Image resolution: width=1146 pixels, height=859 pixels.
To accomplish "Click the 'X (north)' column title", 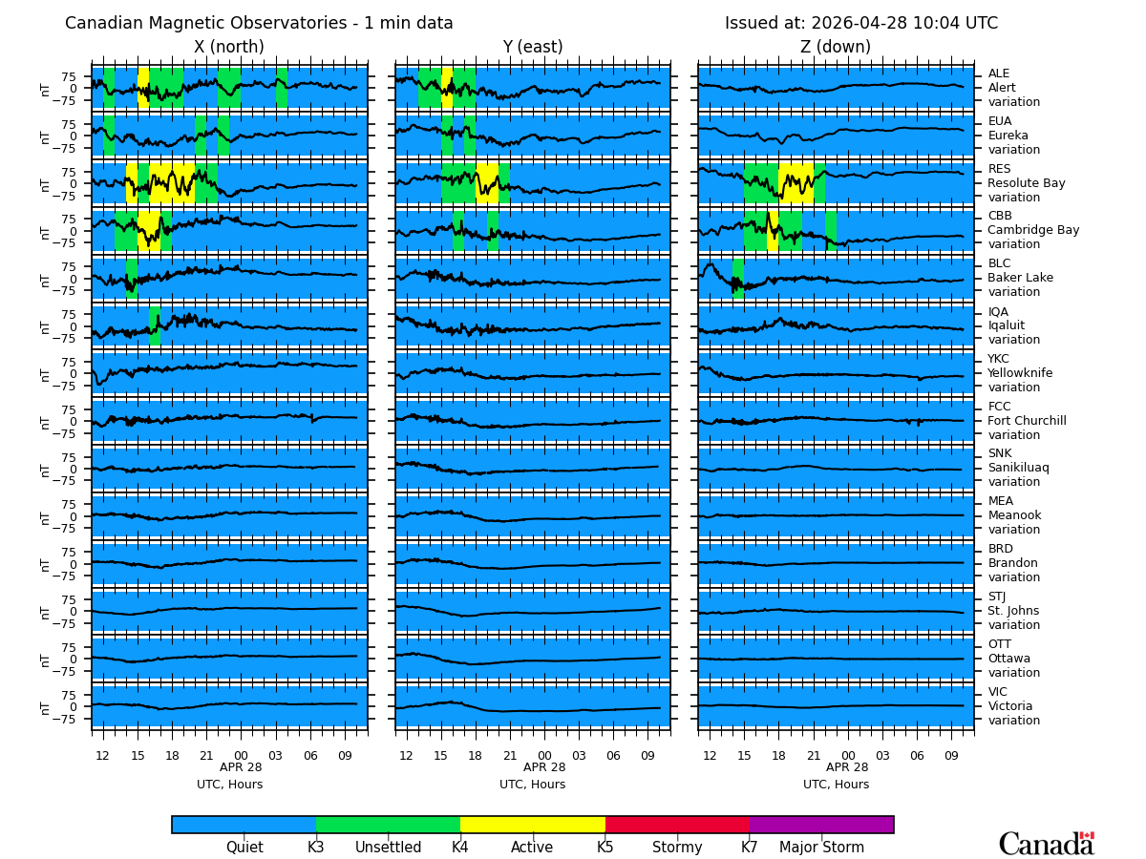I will [229, 48].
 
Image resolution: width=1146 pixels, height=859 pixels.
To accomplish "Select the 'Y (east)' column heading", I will [533, 48].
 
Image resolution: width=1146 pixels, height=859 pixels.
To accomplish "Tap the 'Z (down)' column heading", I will [836, 48].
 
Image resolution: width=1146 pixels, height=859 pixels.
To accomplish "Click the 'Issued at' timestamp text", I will [860, 24].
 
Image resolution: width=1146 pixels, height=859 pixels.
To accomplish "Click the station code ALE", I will [999, 73].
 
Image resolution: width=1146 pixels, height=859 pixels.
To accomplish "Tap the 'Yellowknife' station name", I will [1020, 373].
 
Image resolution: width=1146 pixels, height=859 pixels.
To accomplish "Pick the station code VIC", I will [998, 692].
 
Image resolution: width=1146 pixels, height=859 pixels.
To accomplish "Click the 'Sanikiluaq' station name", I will [1019, 468].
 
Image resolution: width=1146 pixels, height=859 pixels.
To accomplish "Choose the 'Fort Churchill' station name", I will [1027, 421].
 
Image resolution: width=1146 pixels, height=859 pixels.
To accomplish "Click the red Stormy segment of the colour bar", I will [677, 825].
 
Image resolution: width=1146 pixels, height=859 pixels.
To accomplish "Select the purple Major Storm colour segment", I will [821, 825].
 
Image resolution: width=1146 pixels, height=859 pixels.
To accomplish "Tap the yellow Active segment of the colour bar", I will [532, 825].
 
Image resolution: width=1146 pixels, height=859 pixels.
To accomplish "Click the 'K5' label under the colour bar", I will [605, 848].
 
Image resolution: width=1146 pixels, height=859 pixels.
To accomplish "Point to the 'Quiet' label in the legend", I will [244, 848].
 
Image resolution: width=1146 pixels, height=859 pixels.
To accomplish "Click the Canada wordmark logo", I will [1046, 844].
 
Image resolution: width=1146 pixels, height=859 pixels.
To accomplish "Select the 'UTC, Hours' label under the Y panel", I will [532, 785].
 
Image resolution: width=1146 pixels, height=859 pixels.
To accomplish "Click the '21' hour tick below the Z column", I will [814, 756].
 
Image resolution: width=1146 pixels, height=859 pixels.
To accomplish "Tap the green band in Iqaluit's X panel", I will [154, 325].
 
